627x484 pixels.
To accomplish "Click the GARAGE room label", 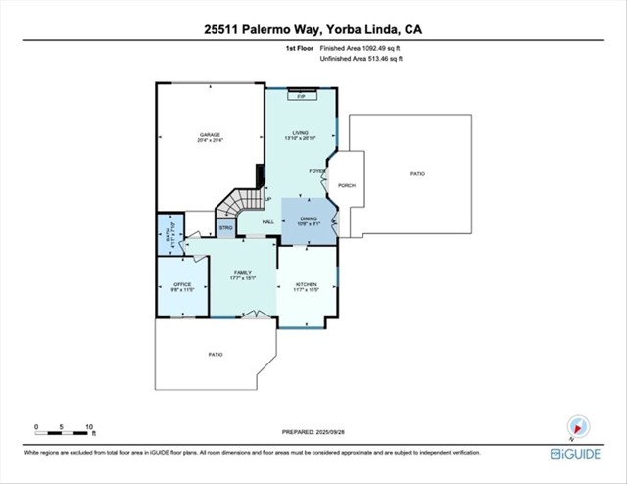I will click(x=210, y=134).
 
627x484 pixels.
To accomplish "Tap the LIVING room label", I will click(x=301, y=134).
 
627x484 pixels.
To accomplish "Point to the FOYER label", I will click(x=316, y=171).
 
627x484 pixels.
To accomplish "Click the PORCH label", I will click(x=346, y=185).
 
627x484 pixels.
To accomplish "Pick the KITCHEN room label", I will click(x=308, y=283).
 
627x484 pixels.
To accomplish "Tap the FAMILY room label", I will click(x=243, y=273).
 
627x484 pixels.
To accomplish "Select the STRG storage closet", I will click(x=225, y=228).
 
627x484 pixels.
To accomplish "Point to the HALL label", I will click(x=268, y=222).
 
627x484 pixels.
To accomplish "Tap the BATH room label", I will click(x=169, y=234).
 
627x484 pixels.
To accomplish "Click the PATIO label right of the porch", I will click(x=417, y=173).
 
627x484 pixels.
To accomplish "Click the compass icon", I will click(x=576, y=426).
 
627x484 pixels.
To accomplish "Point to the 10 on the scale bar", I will click(x=89, y=427).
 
